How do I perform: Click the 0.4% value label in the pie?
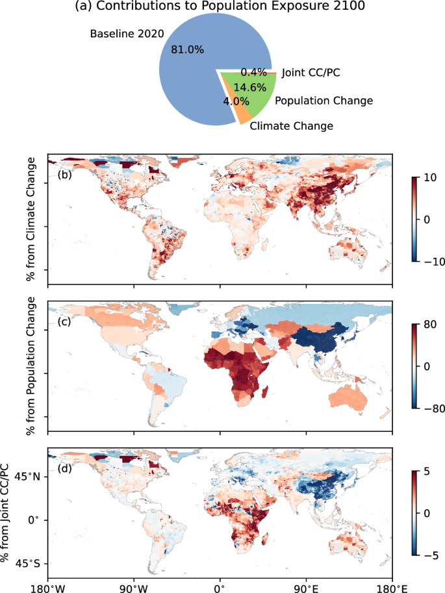[x=253, y=72]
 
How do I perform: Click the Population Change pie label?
[x=324, y=101]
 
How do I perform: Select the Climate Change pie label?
[x=292, y=126]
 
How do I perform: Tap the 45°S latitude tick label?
[x=27, y=563]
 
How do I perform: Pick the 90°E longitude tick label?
[x=306, y=587]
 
